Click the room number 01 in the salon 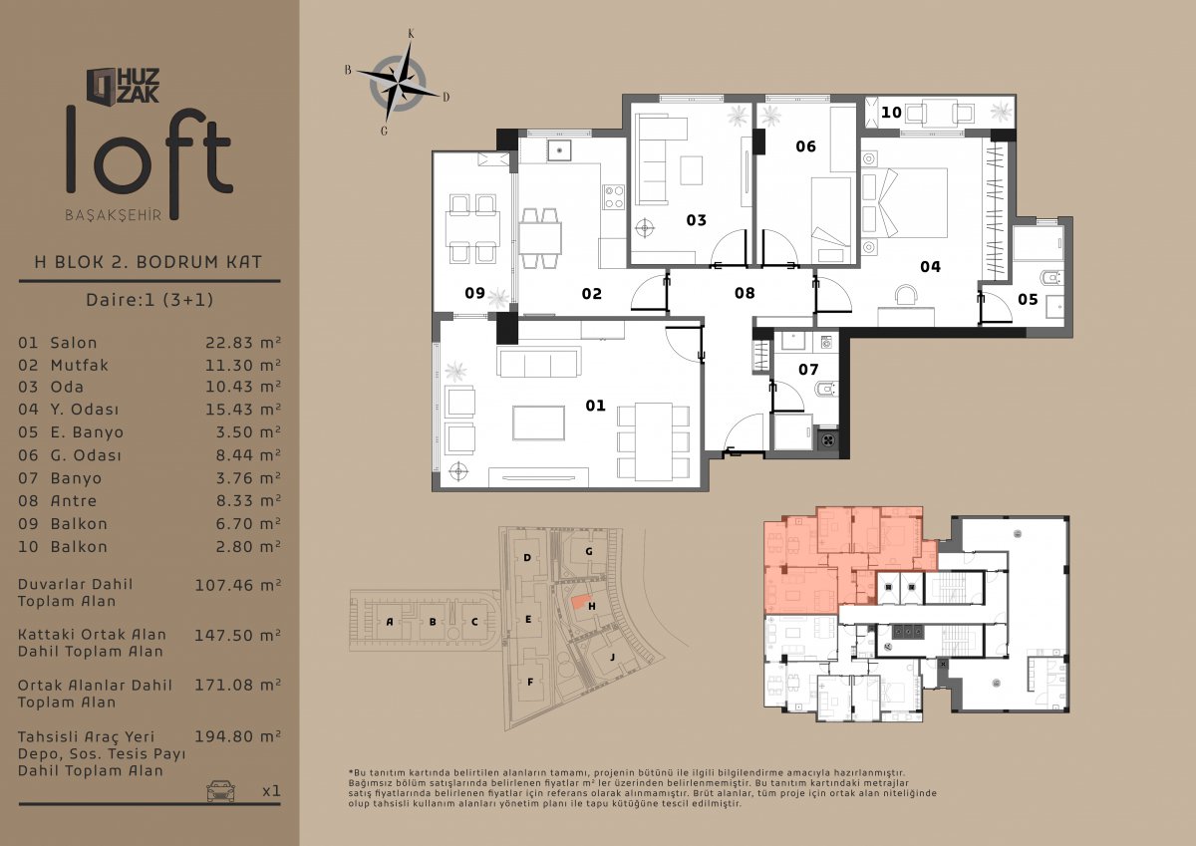pos(595,406)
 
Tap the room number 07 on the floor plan pos(808,370)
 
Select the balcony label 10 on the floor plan pos(891,113)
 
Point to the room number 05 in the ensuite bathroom pos(1028,299)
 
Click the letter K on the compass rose pos(411,34)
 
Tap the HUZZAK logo pos(124,85)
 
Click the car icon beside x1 pos(221,790)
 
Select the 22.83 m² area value pos(243,342)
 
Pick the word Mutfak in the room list pos(80,365)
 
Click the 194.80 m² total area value pos(237,736)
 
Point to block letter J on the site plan pos(612,657)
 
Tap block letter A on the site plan pos(390,622)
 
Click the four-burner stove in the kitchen pos(614,196)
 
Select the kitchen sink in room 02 pos(559,150)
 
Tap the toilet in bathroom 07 pos(826,390)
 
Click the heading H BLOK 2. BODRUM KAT pos(149,262)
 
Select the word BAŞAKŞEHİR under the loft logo pos(114,215)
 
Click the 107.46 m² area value pos(237,585)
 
